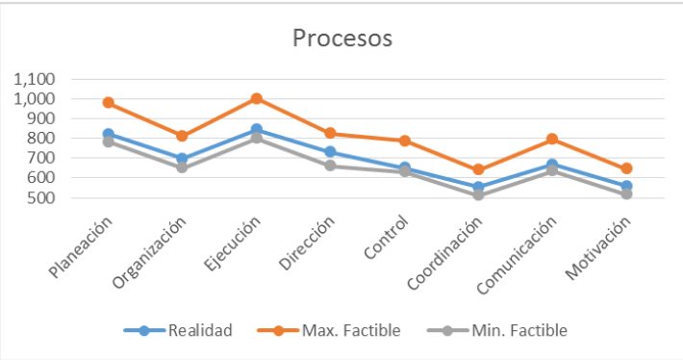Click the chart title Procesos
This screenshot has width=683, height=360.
[342, 39]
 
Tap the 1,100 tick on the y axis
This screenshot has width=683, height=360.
[34, 79]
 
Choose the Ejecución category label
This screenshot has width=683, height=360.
[231, 244]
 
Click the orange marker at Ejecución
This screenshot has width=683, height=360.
[256, 98]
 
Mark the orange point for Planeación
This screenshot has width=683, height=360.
[108, 102]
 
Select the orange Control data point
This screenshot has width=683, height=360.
[404, 141]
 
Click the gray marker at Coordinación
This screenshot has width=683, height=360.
[478, 194]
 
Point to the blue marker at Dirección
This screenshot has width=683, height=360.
[330, 152]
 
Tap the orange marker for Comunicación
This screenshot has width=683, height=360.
[552, 140]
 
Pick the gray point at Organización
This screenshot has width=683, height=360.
[182, 167]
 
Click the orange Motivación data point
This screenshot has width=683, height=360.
[626, 168]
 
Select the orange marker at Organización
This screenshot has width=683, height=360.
[182, 136]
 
